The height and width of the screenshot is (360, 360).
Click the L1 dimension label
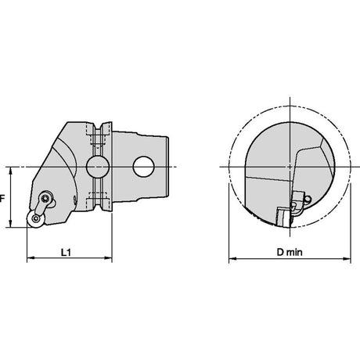[x=66, y=252]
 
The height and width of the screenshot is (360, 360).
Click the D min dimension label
[x=290, y=252]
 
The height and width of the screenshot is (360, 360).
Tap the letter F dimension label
[x=2, y=199]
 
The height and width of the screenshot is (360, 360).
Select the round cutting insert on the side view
[x=35, y=218]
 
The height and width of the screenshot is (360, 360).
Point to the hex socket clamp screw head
[x=46, y=198]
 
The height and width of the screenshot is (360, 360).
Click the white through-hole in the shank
[x=143, y=167]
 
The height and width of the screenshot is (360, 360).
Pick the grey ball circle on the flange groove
[x=98, y=167]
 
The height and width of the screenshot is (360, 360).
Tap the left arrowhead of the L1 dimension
[x=31, y=258]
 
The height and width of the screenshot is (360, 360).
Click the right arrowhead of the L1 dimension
[x=108, y=258]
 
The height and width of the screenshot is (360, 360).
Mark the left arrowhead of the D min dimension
[x=232, y=259]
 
